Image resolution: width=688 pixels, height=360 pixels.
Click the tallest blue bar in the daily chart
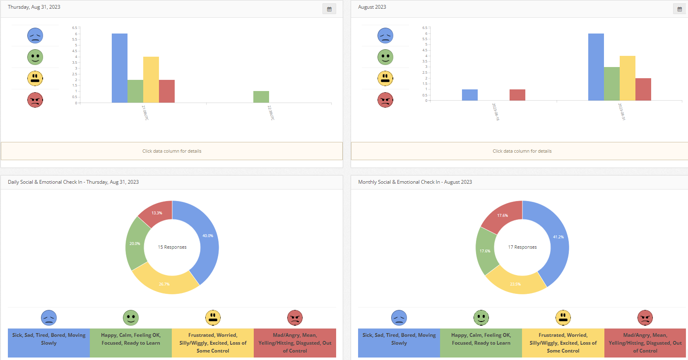click(x=119, y=68)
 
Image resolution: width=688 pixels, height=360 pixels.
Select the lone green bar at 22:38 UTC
click(x=261, y=97)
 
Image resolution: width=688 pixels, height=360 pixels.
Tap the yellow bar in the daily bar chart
click(x=151, y=79)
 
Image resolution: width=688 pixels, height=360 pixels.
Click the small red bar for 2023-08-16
click(x=517, y=95)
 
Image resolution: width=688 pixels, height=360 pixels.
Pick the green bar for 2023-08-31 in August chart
click(x=611, y=84)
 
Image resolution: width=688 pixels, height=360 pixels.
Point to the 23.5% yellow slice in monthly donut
click(x=516, y=283)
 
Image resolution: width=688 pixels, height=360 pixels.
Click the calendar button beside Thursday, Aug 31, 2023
click(x=329, y=9)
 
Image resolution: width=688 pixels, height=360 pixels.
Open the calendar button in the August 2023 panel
click(x=679, y=9)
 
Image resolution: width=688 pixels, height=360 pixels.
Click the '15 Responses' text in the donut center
click(x=172, y=247)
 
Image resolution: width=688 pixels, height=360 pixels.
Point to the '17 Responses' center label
click(x=522, y=247)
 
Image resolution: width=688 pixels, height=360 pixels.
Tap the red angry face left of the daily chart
click(x=35, y=100)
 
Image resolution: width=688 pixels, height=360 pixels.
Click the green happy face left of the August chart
click(x=385, y=57)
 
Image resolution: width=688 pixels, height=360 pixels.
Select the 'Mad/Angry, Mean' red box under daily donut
click(x=295, y=343)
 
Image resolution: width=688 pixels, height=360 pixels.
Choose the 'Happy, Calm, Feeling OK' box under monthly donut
click(x=481, y=343)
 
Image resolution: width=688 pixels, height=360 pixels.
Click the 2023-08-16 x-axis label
click(x=496, y=112)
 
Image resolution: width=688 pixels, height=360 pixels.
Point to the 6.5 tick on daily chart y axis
click(x=75, y=28)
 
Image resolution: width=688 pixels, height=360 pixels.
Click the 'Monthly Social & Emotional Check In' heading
click(x=415, y=182)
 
